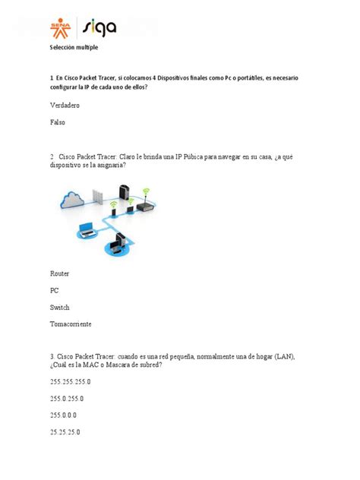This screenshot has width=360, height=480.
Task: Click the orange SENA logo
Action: coord(59,27)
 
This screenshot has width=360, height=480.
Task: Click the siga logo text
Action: coord(99,27)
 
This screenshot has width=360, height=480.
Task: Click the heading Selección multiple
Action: coord(74,48)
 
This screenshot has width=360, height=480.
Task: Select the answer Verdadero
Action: coord(65,106)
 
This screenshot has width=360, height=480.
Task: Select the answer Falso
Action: coord(58,122)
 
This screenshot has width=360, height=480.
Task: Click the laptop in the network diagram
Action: coord(84,229)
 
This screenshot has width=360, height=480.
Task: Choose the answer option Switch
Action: coord(60,308)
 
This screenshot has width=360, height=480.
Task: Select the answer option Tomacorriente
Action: coord(71,324)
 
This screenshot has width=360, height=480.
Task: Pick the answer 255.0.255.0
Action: coord(67,399)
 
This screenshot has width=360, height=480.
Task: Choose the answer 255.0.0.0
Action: coord(63,415)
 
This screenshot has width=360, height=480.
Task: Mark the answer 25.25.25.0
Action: coord(65,432)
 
